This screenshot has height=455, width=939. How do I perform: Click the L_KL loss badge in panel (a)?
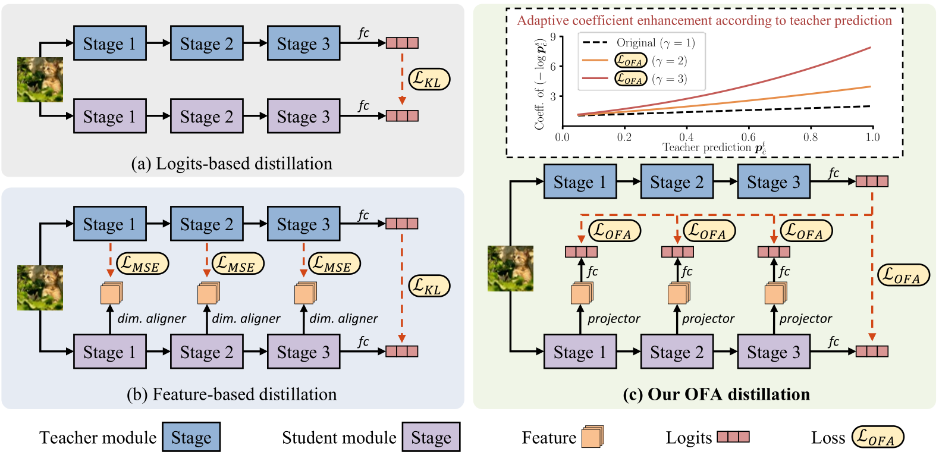(x=428, y=79)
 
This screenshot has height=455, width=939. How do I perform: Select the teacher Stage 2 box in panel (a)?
(x=206, y=43)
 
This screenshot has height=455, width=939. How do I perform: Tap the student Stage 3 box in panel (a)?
(x=303, y=117)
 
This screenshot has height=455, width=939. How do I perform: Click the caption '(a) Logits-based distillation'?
(x=231, y=164)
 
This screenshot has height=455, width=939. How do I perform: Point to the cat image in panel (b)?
(x=40, y=288)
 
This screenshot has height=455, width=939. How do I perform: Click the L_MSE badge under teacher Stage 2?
(x=237, y=263)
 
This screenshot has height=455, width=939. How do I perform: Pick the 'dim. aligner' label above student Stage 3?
(x=343, y=319)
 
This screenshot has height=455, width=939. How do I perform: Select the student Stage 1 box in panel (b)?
(x=109, y=352)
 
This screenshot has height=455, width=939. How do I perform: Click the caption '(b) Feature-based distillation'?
(x=231, y=394)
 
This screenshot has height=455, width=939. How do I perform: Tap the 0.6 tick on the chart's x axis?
(x=748, y=137)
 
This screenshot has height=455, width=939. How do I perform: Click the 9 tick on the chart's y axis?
(x=553, y=37)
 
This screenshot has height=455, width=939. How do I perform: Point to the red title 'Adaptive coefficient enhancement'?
(x=704, y=21)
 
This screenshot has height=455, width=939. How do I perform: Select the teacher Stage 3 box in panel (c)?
(x=773, y=182)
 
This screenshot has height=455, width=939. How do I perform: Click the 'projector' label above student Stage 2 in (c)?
(x=708, y=319)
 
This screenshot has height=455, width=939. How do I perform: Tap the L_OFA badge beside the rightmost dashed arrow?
(x=903, y=275)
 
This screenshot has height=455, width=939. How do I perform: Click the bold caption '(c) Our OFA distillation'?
(x=716, y=394)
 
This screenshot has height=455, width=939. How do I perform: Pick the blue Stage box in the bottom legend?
(x=191, y=438)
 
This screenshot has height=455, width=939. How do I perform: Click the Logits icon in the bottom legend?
(x=733, y=437)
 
